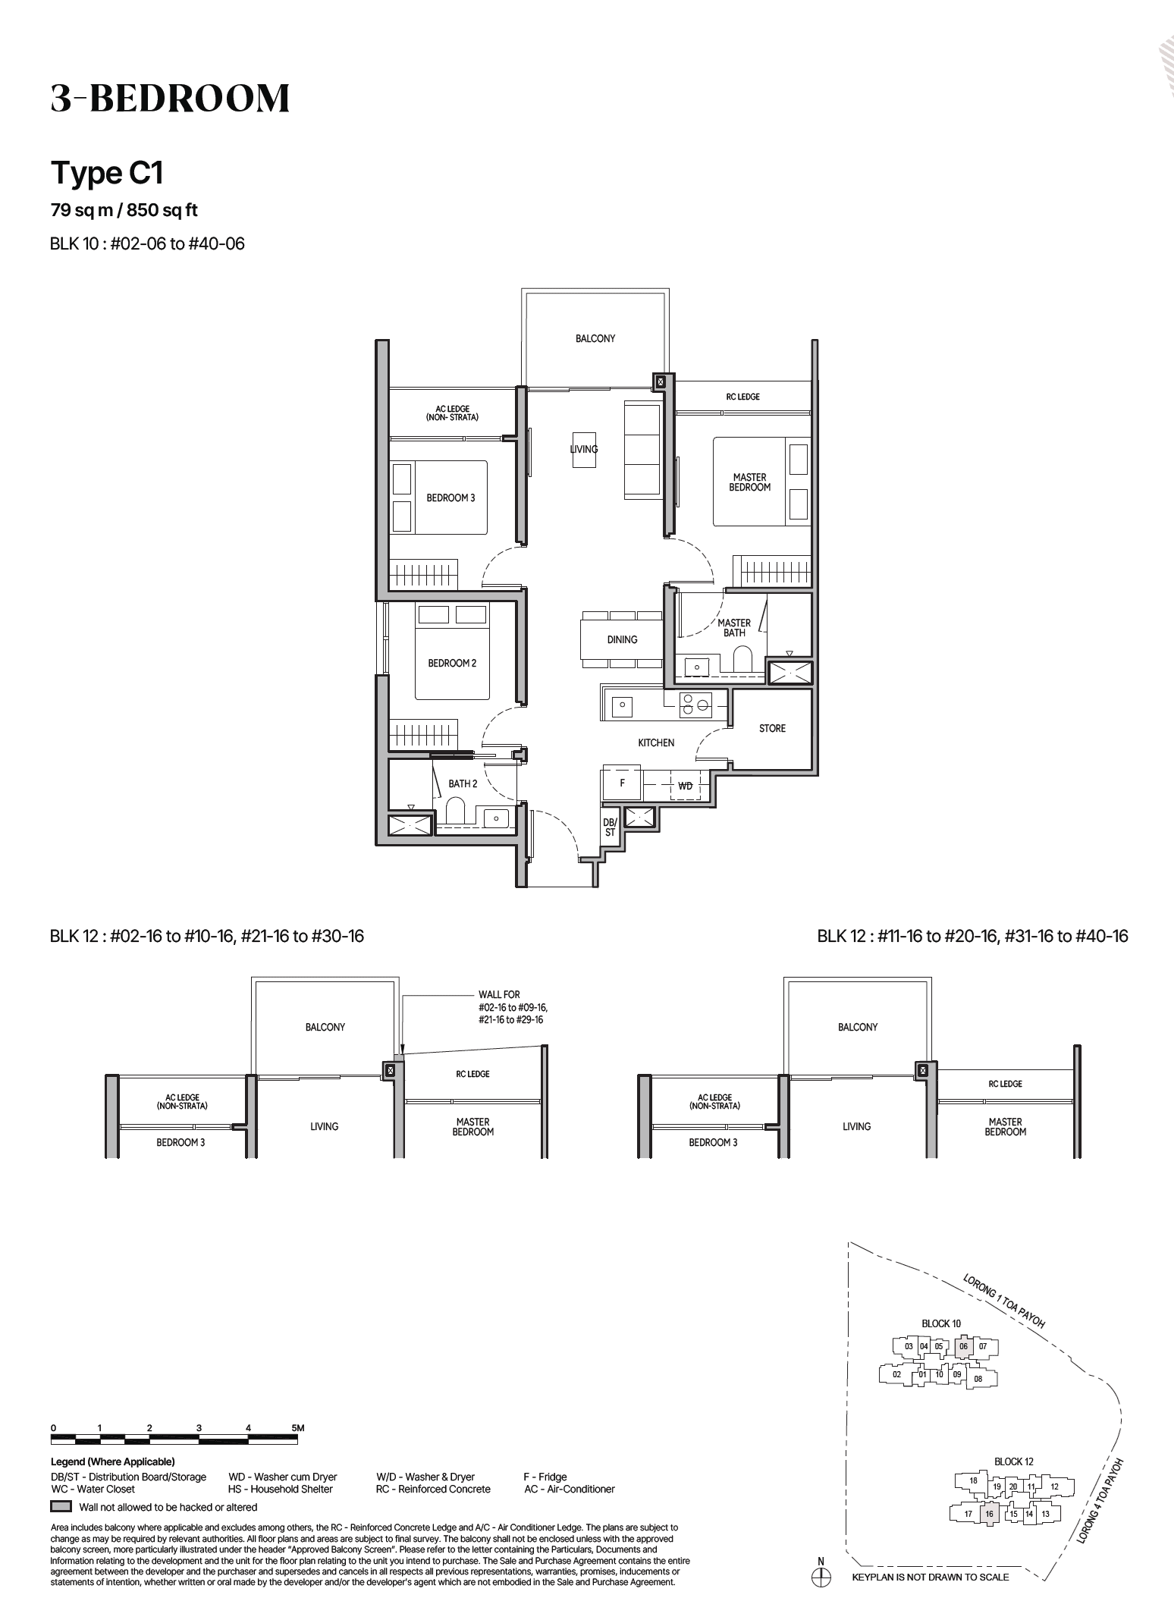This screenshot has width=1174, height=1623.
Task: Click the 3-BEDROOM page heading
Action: click(170, 99)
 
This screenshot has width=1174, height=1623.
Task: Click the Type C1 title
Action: click(107, 174)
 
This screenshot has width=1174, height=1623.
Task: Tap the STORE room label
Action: click(772, 728)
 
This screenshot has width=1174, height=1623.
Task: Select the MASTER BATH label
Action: click(733, 627)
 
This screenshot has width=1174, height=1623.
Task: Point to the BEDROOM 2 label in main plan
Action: click(452, 663)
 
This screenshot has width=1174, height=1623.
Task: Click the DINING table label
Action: click(622, 639)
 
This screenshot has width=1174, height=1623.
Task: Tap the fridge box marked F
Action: click(622, 783)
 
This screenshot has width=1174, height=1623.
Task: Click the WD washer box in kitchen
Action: click(685, 786)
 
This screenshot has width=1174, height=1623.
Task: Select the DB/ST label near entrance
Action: click(610, 827)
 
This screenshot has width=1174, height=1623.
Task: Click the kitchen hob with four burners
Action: click(695, 705)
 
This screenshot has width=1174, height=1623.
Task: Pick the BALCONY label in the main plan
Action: click(595, 338)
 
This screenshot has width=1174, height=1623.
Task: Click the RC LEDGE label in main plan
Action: click(742, 397)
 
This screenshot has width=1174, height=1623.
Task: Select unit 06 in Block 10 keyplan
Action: click(963, 1346)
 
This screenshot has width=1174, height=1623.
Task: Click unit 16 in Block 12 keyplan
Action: click(989, 1514)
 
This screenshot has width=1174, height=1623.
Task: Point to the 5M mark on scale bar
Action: click(298, 1427)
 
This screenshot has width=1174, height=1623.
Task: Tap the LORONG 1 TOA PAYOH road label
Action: click(1004, 1301)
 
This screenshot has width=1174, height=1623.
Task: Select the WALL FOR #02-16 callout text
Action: click(512, 1007)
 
